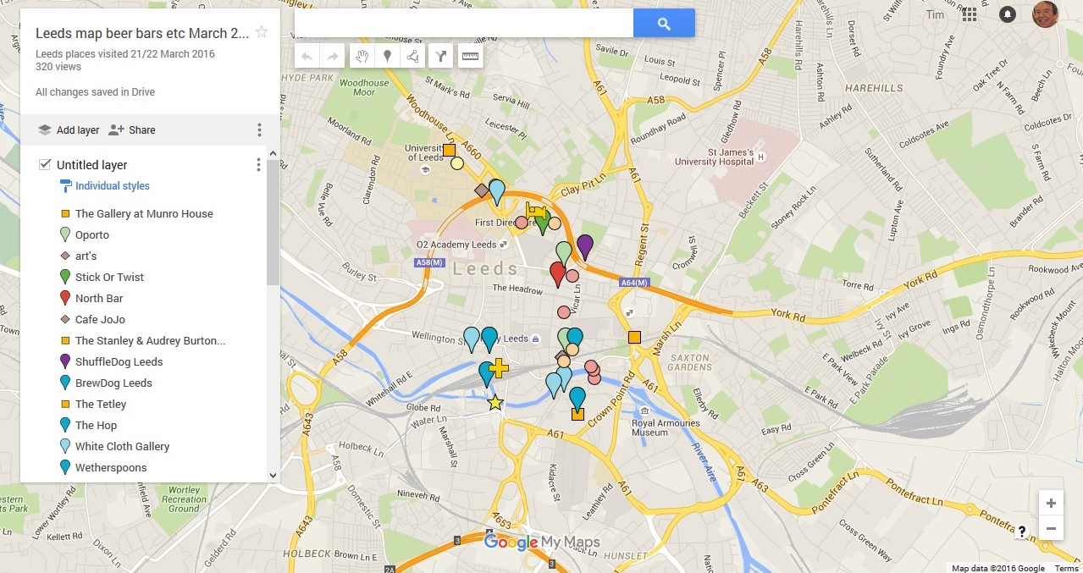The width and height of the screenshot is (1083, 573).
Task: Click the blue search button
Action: [x=664, y=24]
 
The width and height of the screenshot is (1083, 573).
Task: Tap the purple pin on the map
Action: [x=584, y=246]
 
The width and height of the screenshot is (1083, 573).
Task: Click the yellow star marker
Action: [x=495, y=403]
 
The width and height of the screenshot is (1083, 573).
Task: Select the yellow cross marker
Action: [x=499, y=367]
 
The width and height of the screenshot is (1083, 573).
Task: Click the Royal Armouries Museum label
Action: [x=666, y=427]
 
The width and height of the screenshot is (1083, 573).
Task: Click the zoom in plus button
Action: [x=1051, y=504]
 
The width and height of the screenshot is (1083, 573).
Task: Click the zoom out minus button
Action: [x=1051, y=529]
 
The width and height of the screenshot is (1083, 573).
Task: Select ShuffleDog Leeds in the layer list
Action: [x=119, y=361]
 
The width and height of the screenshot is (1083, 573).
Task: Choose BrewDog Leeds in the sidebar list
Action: [x=113, y=383]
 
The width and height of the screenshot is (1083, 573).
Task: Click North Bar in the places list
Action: [x=99, y=298]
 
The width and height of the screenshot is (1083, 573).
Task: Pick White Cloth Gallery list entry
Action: [x=122, y=446]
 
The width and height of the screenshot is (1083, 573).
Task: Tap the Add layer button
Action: [x=69, y=130]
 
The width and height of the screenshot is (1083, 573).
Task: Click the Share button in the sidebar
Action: [x=132, y=130]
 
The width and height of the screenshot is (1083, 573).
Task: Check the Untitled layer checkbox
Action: [x=45, y=164]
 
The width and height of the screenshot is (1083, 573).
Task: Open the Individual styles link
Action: [x=112, y=186]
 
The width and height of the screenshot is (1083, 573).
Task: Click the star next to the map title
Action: [x=262, y=32]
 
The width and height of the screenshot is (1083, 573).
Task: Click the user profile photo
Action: [x=1046, y=14]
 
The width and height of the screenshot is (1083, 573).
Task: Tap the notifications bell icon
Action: [x=1008, y=14]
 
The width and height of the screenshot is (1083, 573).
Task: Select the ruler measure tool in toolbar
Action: [x=470, y=57]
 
